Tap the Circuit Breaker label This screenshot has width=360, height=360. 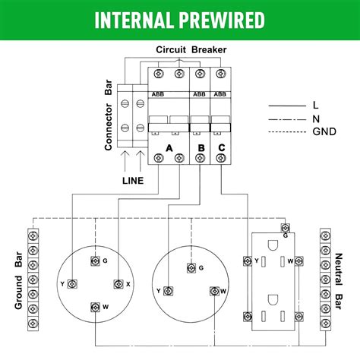tap(181, 49)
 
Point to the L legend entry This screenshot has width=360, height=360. tap(315, 106)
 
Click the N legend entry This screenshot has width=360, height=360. tap(315, 118)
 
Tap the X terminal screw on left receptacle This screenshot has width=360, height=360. tap(117, 284)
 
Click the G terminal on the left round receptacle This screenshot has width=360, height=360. tap(94, 261)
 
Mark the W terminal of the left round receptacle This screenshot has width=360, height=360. tap(94, 307)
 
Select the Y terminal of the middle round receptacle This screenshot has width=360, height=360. tap(169, 291)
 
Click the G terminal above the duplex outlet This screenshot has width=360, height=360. tap(286, 226)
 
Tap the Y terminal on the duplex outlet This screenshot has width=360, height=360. tap(246, 261)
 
